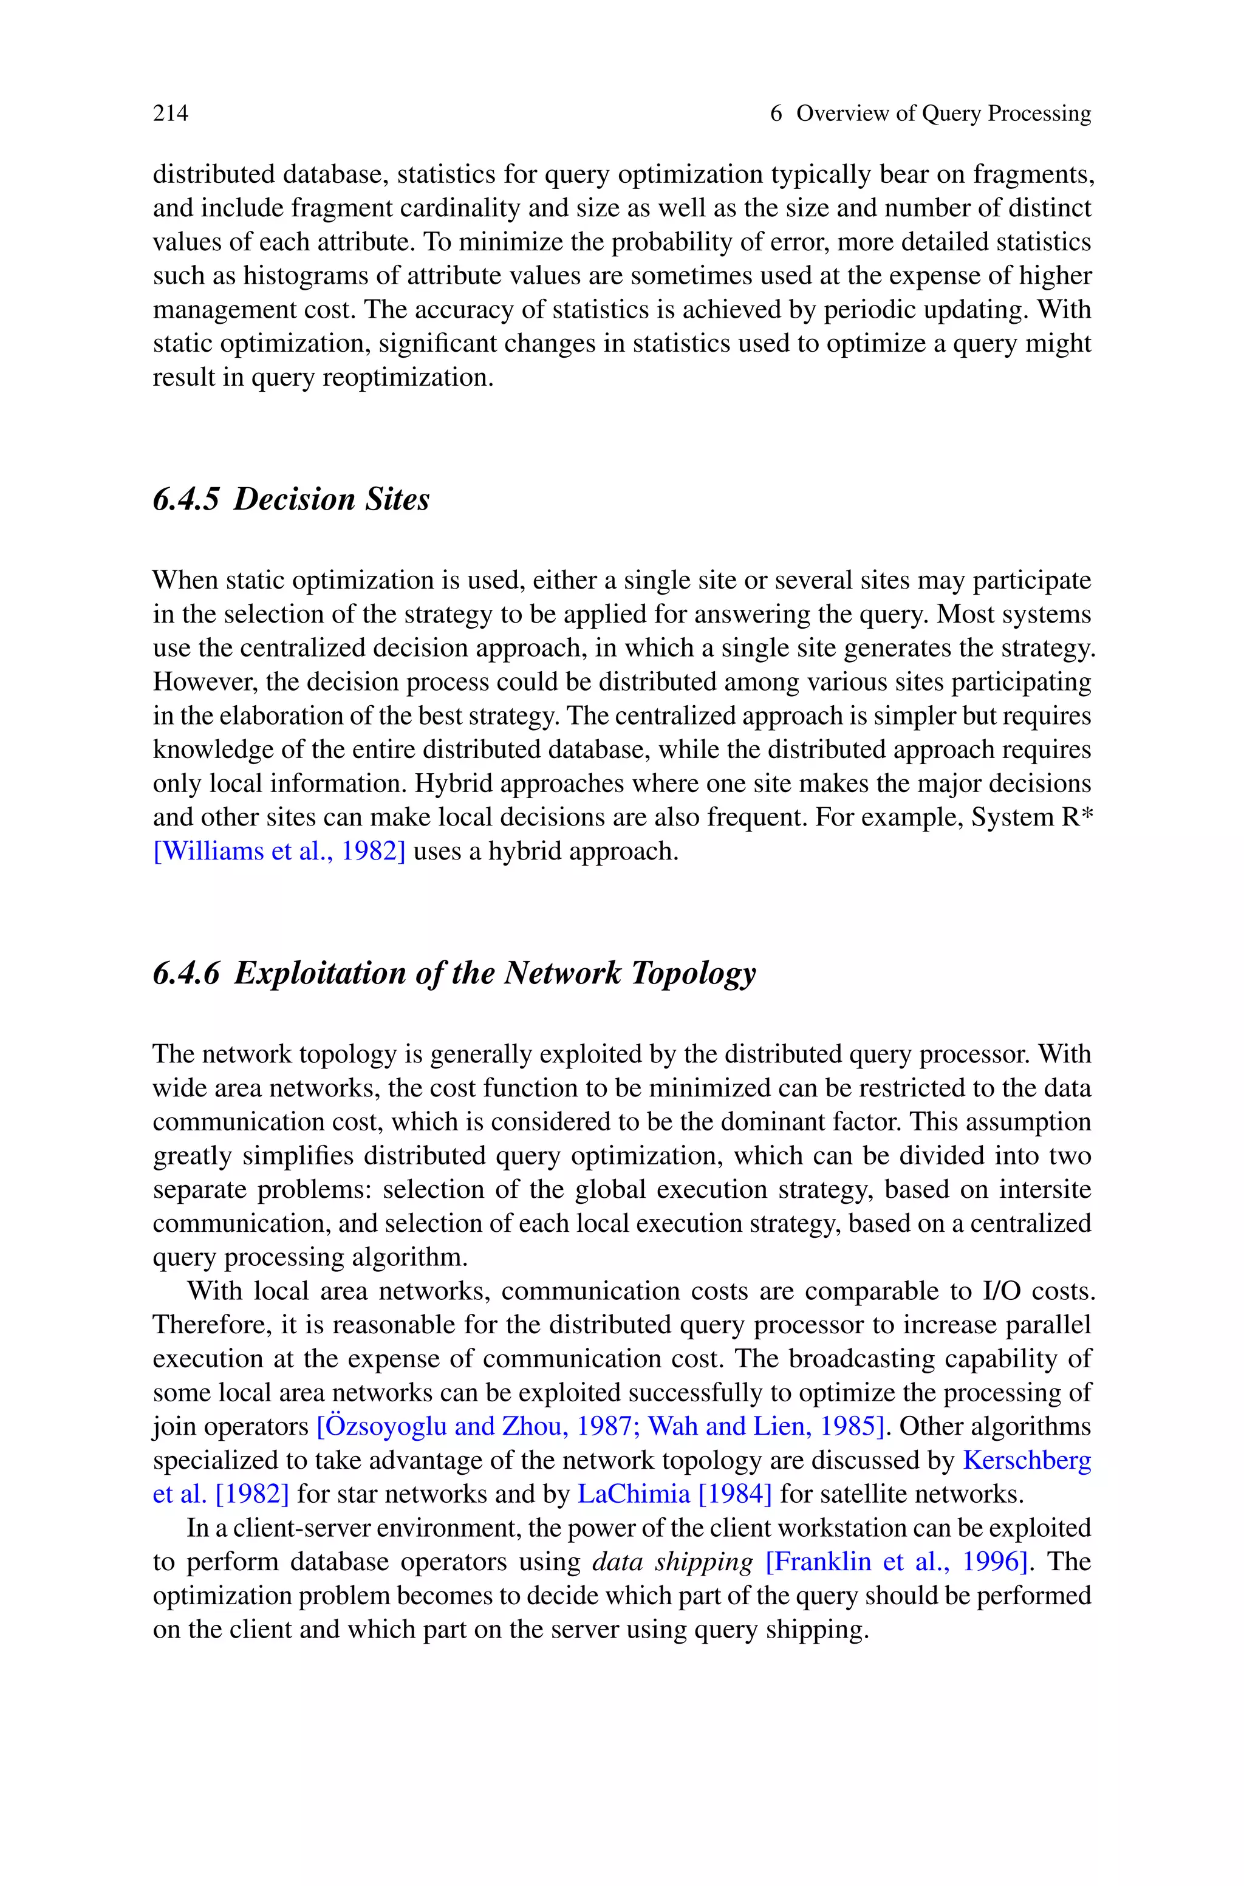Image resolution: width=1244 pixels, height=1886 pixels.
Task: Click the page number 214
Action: (171, 114)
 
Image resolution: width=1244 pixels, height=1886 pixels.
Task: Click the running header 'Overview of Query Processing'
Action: (943, 114)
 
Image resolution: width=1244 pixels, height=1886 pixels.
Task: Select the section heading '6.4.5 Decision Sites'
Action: (291, 499)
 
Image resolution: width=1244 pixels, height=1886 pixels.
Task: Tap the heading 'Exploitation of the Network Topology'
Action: (494, 972)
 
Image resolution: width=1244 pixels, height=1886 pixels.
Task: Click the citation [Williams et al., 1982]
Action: (279, 851)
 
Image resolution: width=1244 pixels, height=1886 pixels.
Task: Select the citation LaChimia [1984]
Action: (674, 1494)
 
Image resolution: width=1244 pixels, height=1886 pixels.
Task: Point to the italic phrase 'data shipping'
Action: (673, 1561)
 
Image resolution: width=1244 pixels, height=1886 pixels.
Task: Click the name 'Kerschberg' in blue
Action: (1027, 1460)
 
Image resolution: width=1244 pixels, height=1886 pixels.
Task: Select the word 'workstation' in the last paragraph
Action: (840, 1528)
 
